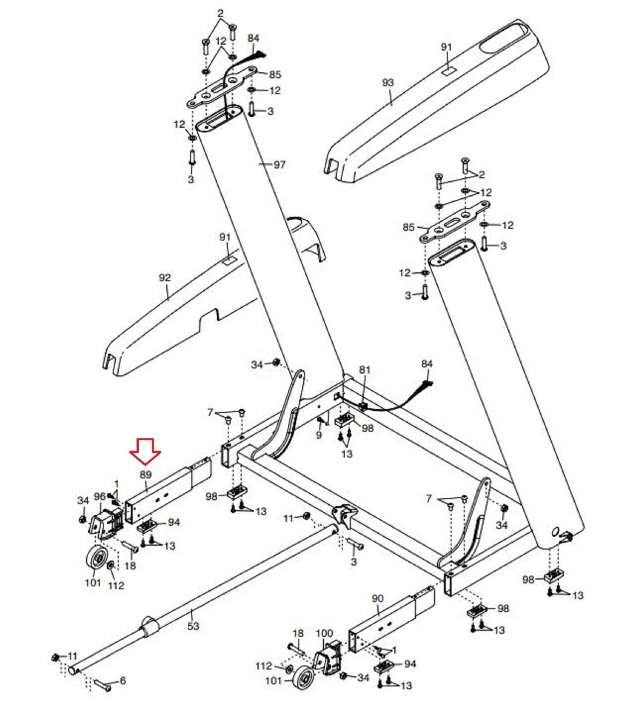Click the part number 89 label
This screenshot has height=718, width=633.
tap(145, 474)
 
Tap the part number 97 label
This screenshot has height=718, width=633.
tap(279, 165)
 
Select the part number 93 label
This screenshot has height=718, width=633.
tap(387, 83)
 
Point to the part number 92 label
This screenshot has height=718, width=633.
tap(165, 278)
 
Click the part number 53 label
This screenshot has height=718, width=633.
tap(193, 626)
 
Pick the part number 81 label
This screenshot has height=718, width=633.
tap(365, 370)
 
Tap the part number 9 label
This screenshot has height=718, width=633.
tap(319, 435)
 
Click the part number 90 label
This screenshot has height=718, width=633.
tap(378, 599)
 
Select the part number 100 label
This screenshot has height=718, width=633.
tap(324, 633)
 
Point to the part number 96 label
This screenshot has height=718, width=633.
tap(100, 496)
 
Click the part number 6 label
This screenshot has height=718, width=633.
tap(123, 681)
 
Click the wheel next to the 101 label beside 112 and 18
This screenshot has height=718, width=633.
tap(97, 561)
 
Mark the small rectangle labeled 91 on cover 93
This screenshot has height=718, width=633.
tap(447, 71)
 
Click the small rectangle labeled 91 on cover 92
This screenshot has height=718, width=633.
tap(229, 259)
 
